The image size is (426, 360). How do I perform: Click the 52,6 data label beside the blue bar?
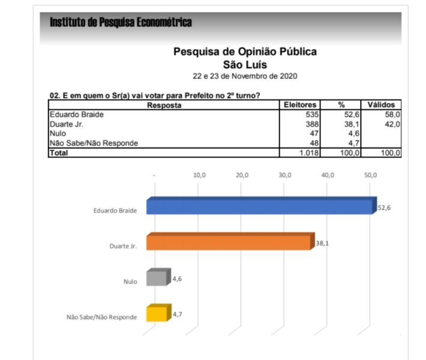(x=385, y=207)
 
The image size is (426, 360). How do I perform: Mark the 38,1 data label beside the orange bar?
(x=323, y=244)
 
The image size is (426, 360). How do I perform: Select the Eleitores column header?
(x=300, y=105)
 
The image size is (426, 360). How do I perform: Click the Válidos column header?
(x=381, y=105)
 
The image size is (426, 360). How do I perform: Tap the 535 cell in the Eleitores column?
(x=312, y=114)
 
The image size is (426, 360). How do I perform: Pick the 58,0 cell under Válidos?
(x=392, y=114)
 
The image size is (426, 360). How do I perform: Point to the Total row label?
(x=59, y=153)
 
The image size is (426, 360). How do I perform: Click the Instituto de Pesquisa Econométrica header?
(x=121, y=23)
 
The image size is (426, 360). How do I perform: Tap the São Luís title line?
(x=245, y=64)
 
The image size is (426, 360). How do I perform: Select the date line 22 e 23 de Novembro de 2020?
(x=245, y=77)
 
